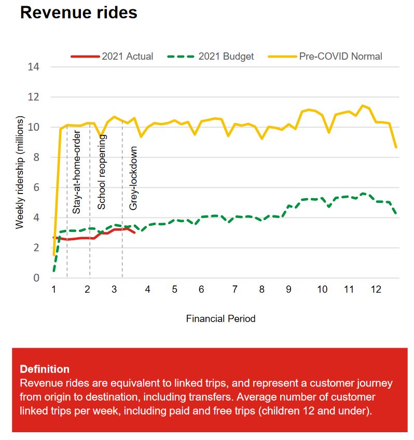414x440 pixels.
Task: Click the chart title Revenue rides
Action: (x=79, y=12)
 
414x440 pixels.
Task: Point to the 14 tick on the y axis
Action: (x=39, y=67)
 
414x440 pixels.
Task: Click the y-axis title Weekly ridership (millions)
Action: (x=20, y=173)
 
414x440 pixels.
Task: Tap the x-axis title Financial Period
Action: (x=220, y=319)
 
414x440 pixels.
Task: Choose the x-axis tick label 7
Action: (x=235, y=290)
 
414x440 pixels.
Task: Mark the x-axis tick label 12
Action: (x=376, y=290)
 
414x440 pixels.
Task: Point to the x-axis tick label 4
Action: (x=147, y=290)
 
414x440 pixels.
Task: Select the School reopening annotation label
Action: (x=102, y=172)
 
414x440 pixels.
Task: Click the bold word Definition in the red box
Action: (x=45, y=369)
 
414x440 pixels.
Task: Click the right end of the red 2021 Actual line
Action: (x=135, y=232)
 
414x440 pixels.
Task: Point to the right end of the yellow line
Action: (x=396, y=148)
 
